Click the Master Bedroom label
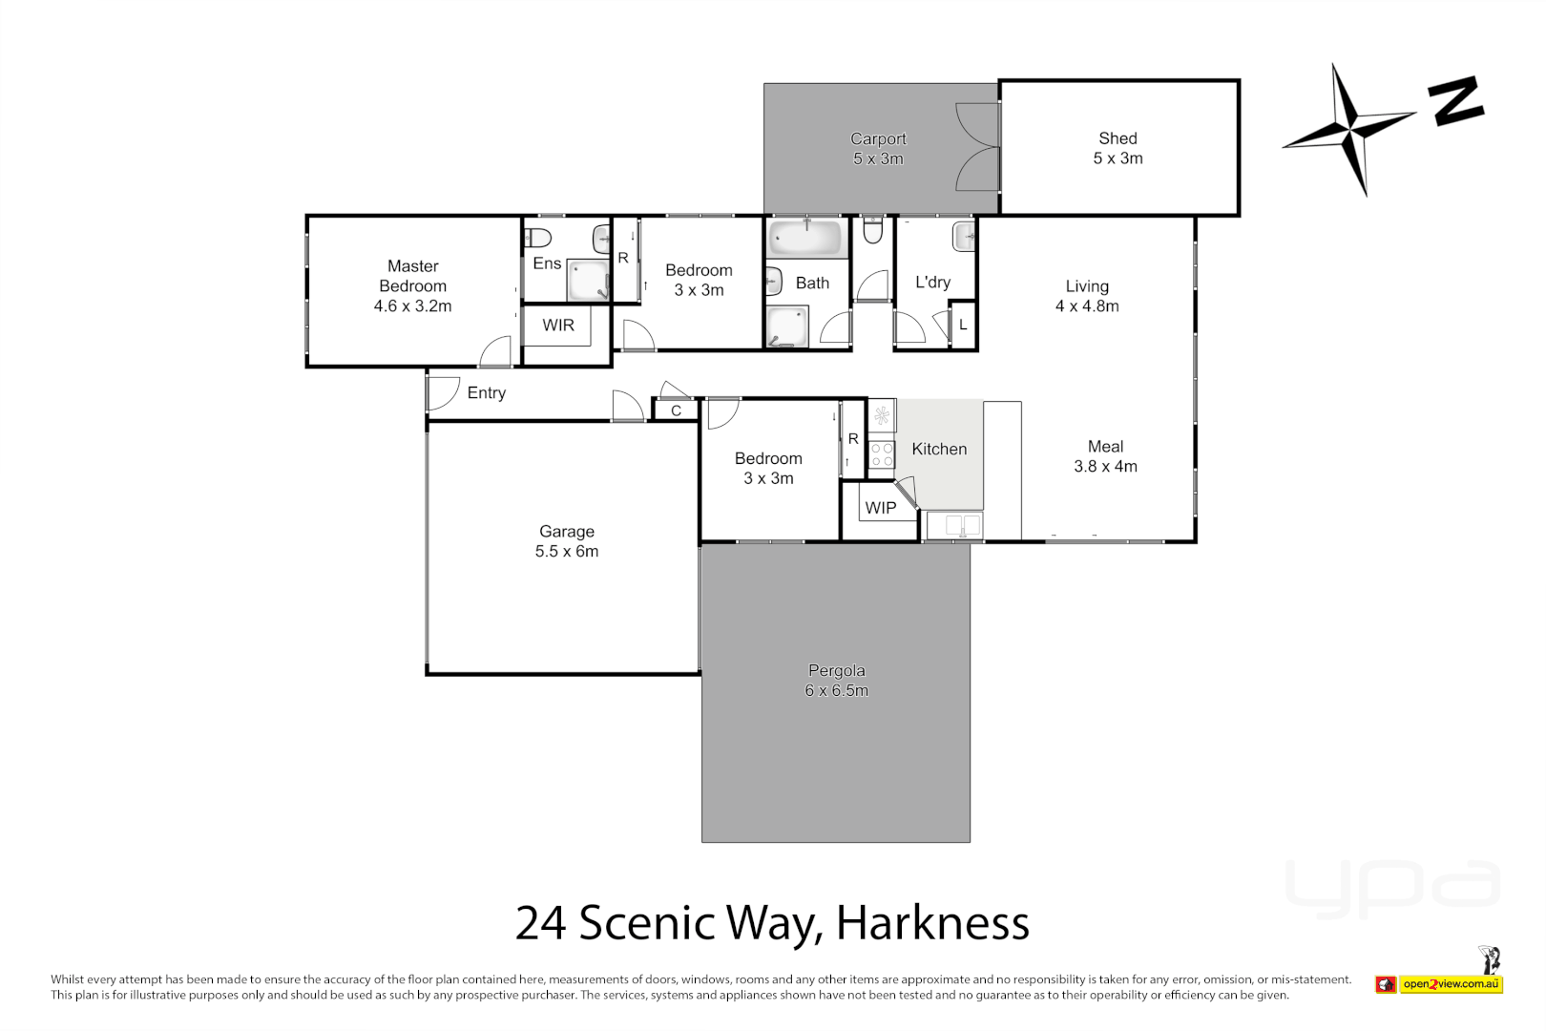pos(412,276)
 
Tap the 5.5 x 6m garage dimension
pos(567,552)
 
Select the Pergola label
pos(836,670)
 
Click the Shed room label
pos(1118,138)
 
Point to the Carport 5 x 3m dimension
pos(878,159)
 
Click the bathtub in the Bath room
pos(806,236)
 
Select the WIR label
pos(558,326)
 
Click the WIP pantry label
pos(880,508)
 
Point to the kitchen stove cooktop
pos(882,454)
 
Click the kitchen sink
pos(955,525)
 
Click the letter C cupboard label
pos(676,410)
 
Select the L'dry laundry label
pos(932,282)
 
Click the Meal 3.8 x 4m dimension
pos(1105,467)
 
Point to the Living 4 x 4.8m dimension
pos(1087,306)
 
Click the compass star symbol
pos(1349,128)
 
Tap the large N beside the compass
pos(1456,100)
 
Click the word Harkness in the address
pos(932,923)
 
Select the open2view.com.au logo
pos(1451,984)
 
